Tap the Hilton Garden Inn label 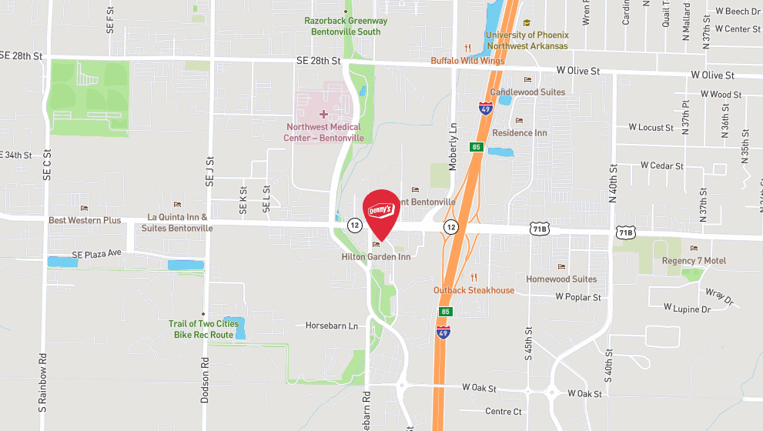coord(376,257)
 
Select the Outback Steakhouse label coord(474,290)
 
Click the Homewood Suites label coord(561,279)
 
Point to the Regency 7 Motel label coord(694,260)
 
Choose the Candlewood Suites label coord(527,92)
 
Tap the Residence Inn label coord(519,132)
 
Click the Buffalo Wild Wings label coord(467,60)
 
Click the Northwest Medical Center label coord(323,132)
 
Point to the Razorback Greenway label coord(346,26)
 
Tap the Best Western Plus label coord(85,220)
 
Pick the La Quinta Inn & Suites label coord(177,223)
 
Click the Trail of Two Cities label coord(203,329)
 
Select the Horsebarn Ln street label coord(332,326)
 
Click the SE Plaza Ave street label coord(97,254)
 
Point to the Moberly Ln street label coord(453,138)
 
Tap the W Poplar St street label coord(578,296)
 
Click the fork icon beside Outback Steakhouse coord(474,277)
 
